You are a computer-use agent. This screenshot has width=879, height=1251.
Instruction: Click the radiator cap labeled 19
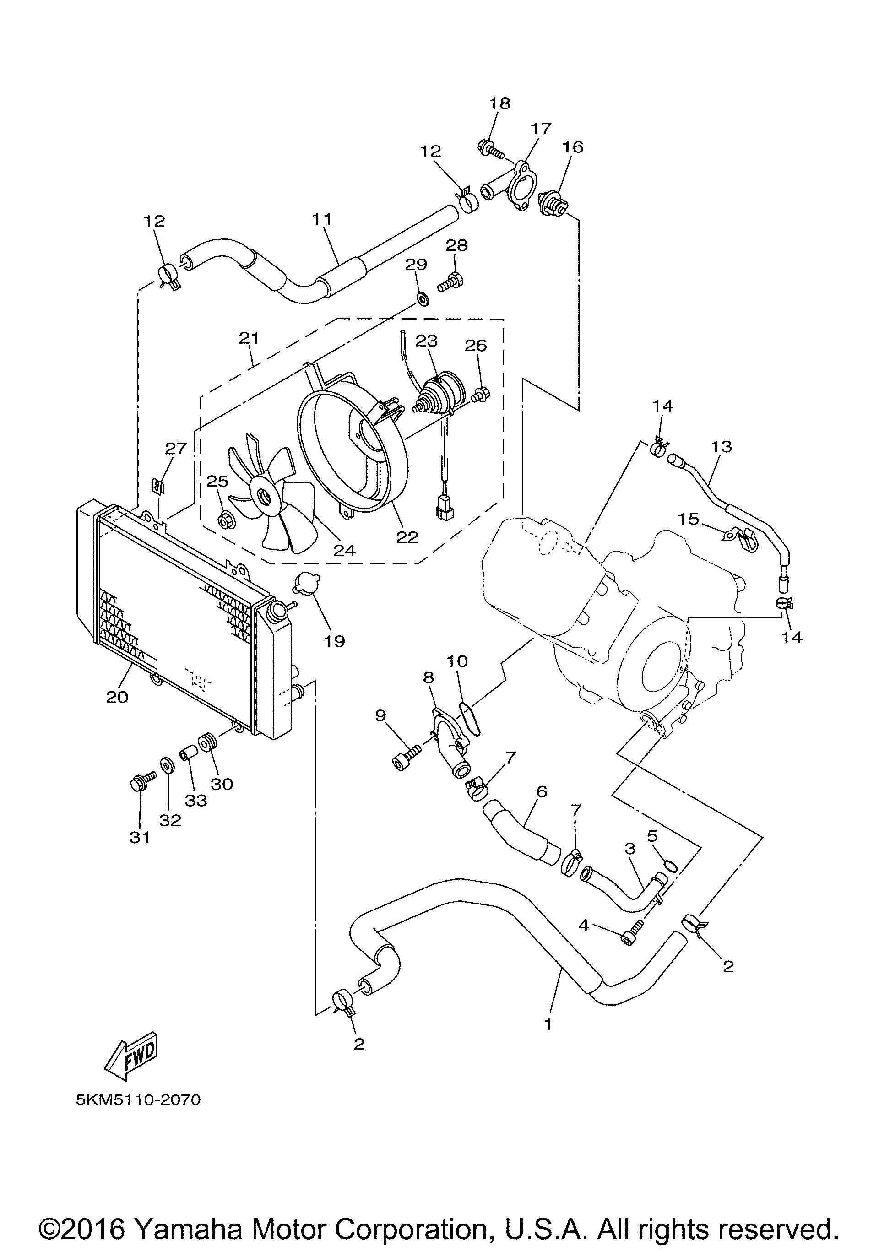pos(306,584)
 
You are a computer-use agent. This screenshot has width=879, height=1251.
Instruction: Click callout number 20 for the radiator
pos(117,696)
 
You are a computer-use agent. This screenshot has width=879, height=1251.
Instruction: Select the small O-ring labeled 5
pos(671,866)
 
